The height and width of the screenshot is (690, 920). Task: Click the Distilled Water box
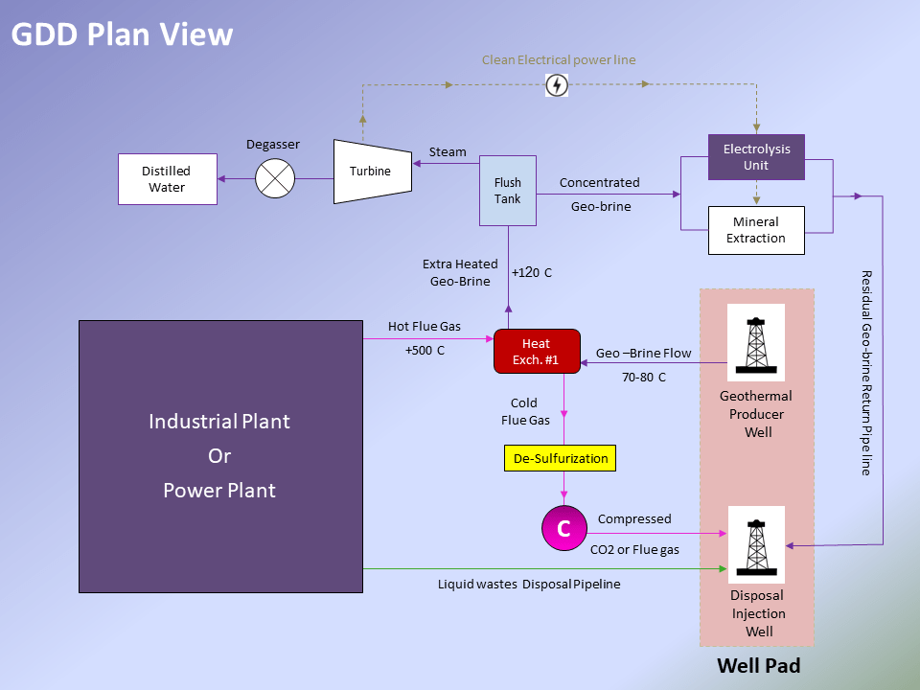pos(167,179)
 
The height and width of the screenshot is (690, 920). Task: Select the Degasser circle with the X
pos(275,179)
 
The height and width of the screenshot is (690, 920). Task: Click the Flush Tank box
pos(508,191)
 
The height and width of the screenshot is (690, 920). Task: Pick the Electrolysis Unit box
pos(756,157)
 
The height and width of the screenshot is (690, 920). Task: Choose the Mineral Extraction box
pos(755,230)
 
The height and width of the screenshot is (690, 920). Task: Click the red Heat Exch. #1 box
pos(537,352)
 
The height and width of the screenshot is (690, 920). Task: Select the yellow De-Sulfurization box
pos(561,458)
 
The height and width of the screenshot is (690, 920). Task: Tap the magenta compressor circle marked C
pos(563,528)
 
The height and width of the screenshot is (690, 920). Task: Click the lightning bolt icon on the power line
pos(556,85)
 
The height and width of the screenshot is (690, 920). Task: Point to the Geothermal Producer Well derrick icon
pos(756,343)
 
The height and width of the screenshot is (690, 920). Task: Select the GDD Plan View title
pos(122,34)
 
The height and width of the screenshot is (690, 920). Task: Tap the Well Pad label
pos(758,665)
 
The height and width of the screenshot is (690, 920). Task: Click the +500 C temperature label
pos(425,351)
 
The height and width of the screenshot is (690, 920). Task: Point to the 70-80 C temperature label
pos(644,378)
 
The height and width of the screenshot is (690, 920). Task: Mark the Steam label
pos(448,151)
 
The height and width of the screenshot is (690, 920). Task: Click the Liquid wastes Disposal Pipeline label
pos(529,584)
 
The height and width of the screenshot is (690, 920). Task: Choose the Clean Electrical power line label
pos(559,59)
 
